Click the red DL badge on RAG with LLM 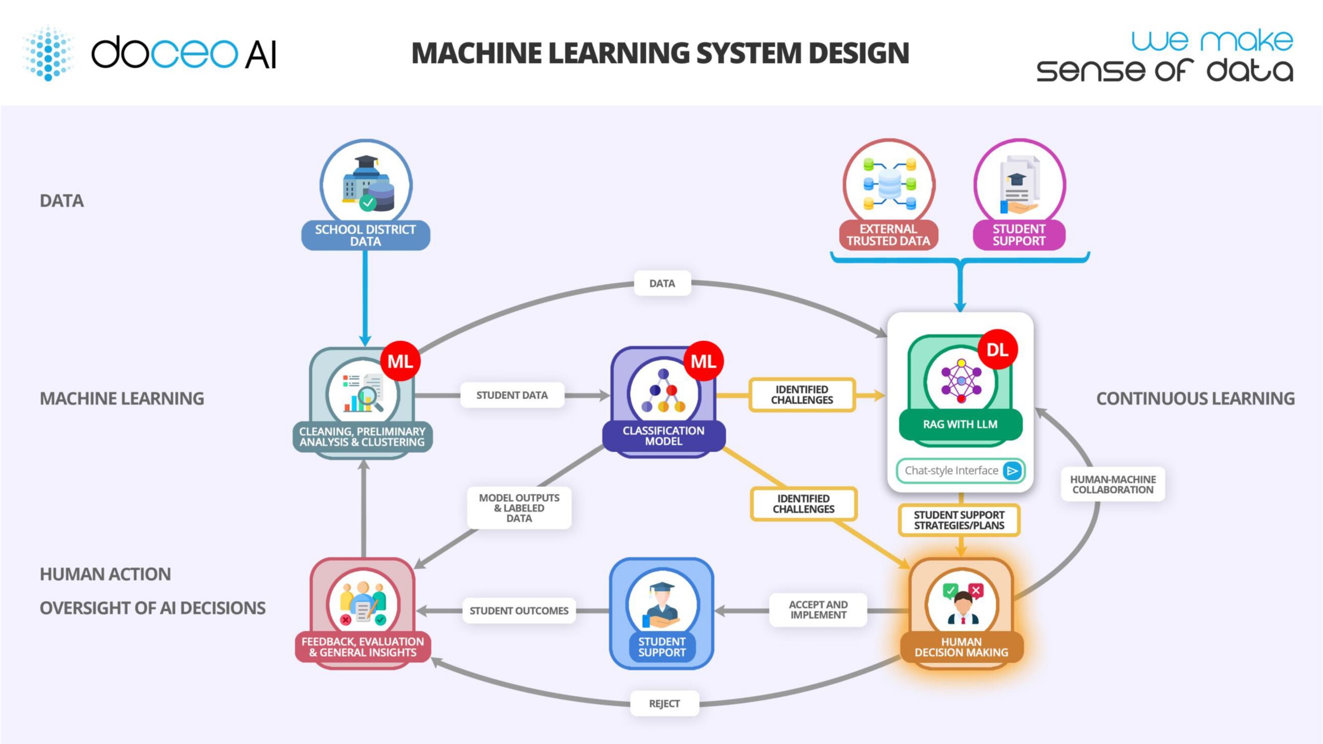pos(997,350)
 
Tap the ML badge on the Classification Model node pos(703,361)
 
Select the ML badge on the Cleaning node pos(400,361)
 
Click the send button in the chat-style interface pos(1012,471)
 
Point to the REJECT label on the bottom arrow pos(664,704)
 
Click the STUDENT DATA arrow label pos(512,395)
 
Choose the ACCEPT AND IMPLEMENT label pos(818,610)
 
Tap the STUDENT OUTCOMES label pos(519,611)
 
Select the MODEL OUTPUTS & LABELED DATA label pos(519,508)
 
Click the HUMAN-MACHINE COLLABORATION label pos(1113,485)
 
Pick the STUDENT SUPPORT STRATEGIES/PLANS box pos(959,520)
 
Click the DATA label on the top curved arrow pos(662,284)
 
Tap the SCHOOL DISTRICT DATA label pos(365,236)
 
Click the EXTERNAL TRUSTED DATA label pos(888,235)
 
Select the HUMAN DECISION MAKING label pos(961,647)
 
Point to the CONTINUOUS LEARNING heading pos(1195,399)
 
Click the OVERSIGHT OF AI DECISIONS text pos(152,608)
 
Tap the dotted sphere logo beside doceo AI pos(49,53)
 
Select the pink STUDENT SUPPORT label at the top pos(1019,235)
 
